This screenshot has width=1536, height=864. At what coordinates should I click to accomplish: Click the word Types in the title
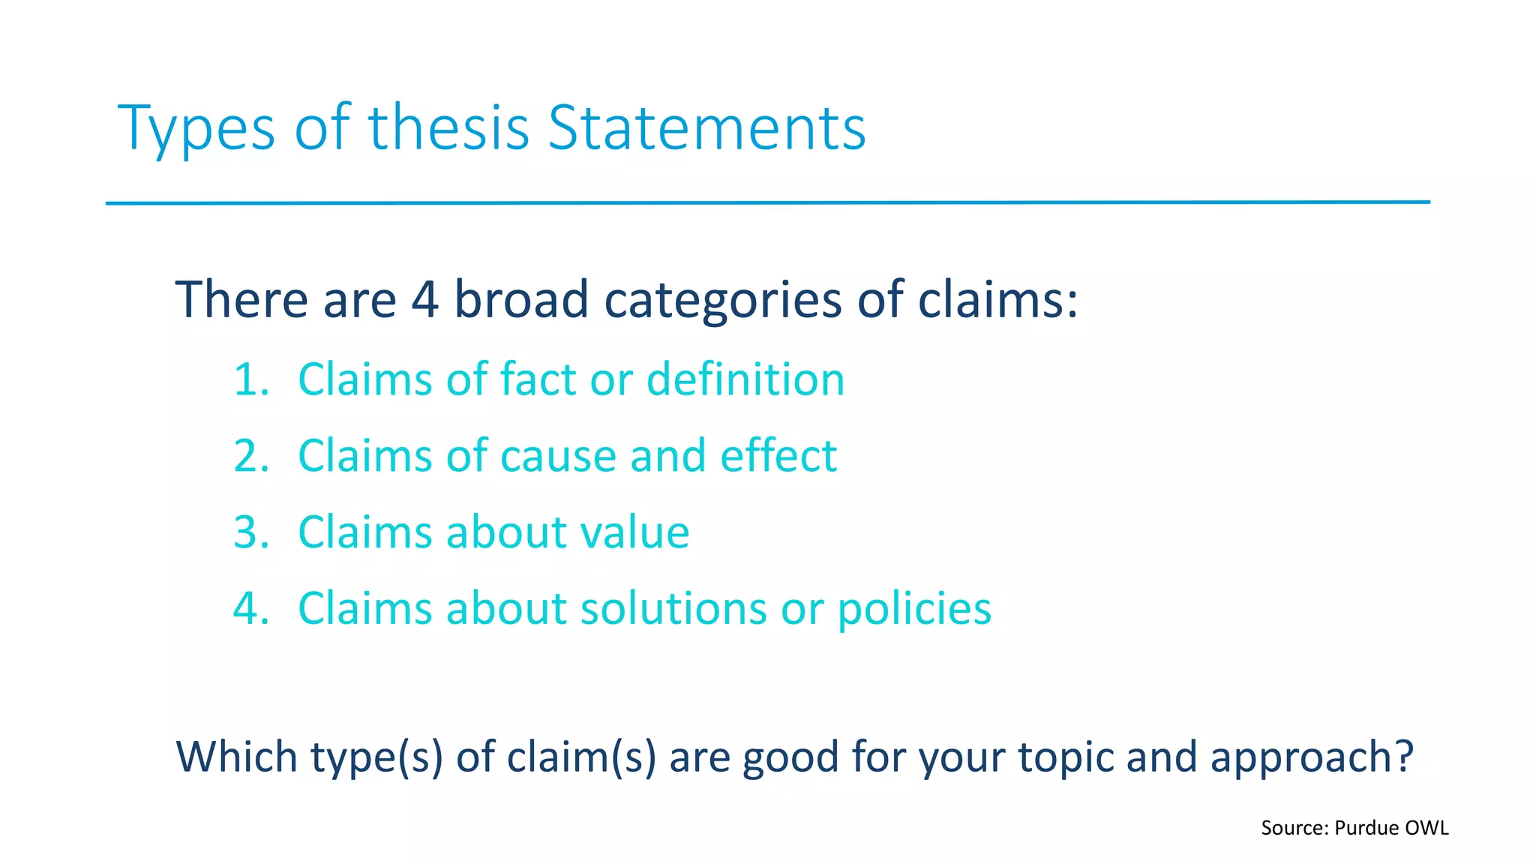coord(196,129)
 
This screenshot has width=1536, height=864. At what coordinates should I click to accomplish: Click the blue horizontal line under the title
coord(768,202)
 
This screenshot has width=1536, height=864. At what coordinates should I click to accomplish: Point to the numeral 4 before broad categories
coord(424,299)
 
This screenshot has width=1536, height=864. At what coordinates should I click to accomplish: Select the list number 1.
coord(250,379)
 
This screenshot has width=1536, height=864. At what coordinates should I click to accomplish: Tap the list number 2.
coord(250,456)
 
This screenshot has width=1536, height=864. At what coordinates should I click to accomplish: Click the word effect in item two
coord(778,456)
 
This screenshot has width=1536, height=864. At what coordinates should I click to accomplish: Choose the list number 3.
coord(250,532)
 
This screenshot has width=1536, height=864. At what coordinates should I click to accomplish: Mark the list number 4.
coord(250,608)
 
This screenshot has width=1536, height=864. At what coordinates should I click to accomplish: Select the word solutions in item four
coord(673,608)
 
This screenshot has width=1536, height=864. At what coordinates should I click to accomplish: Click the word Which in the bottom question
coord(236,757)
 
